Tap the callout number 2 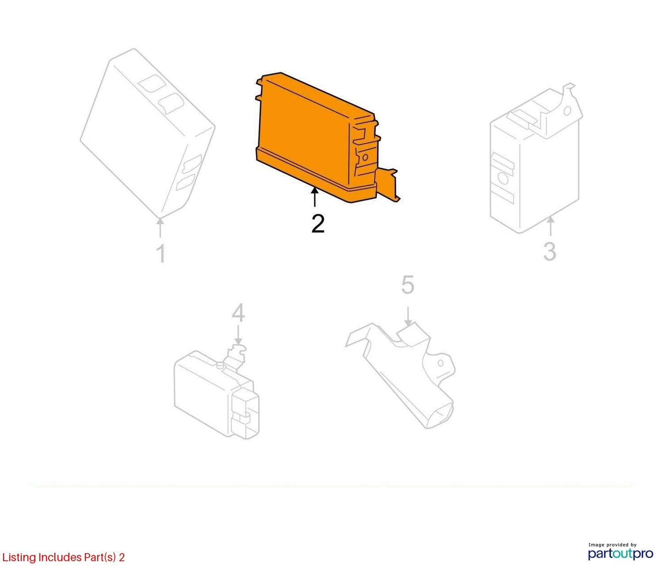click(318, 224)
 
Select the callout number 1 click(162, 253)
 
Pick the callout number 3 click(550, 251)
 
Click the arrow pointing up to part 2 click(315, 197)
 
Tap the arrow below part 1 click(160, 228)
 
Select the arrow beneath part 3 click(551, 226)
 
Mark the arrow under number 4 click(238, 334)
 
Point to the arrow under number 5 click(408, 317)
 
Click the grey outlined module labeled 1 click(148, 133)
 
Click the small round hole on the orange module click(365, 157)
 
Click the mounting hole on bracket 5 click(440, 363)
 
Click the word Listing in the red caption click(19, 558)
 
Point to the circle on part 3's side click(503, 179)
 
